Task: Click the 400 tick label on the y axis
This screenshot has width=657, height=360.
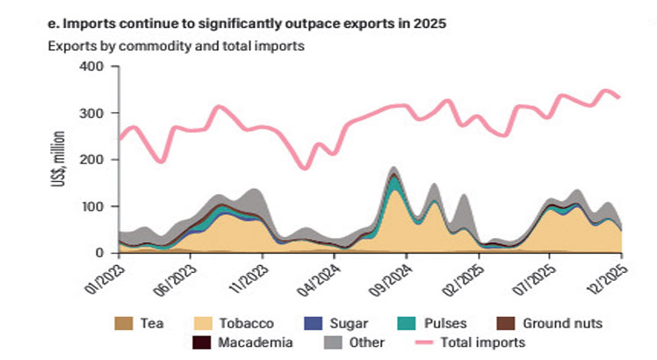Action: tap(91, 67)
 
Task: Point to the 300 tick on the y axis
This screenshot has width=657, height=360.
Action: tap(91, 113)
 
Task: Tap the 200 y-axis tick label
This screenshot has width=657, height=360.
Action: tap(91, 160)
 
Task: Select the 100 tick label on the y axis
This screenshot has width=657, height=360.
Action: tap(91, 206)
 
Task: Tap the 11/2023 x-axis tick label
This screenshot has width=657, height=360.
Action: tap(250, 278)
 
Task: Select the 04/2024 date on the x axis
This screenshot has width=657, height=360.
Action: tap(322, 278)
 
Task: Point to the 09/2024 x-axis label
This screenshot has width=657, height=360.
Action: tap(394, 278)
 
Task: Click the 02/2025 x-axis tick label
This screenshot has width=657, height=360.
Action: tap(466, 278)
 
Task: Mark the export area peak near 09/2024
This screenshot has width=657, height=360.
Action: tap(394, 168)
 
